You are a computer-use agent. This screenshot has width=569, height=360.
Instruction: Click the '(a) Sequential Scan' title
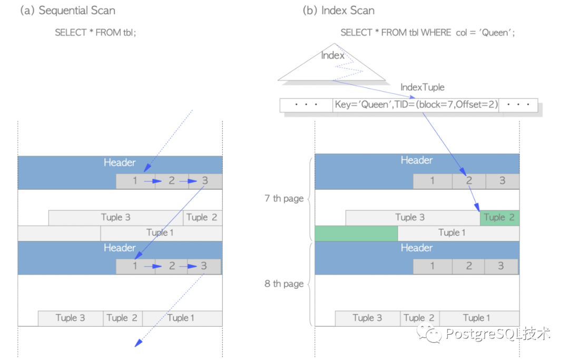coord(67,11)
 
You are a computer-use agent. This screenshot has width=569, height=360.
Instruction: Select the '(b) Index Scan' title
coord(338,11)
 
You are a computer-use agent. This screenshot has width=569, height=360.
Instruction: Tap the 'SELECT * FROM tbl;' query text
coord(95,33)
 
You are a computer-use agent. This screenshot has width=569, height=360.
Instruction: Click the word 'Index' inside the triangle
coord(333,55)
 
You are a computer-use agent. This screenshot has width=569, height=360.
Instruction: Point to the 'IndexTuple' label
coord(422,87)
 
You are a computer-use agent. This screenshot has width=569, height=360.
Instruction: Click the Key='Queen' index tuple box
coord(416,105)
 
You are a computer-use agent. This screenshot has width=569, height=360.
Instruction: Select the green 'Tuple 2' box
coord(499,217)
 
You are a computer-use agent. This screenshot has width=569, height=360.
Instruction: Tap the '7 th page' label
coord(284,199)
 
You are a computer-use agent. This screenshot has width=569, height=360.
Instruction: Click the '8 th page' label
coord(284,284)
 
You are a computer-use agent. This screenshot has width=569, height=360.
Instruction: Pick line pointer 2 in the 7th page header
coord(469,181)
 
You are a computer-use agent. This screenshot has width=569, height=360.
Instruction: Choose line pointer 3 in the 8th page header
coord(502,266)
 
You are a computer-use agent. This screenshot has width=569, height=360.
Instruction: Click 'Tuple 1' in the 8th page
coord(476,318)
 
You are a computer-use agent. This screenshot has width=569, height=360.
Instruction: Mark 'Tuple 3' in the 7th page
coord(410,217)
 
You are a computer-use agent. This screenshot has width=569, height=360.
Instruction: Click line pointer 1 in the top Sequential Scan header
coord(135,181)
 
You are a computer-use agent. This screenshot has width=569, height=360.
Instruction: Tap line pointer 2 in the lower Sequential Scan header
coord(172,266)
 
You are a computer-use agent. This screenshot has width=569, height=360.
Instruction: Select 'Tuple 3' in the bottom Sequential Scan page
coord(70,318)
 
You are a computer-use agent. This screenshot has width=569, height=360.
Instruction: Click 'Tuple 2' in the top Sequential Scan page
coord(202,217)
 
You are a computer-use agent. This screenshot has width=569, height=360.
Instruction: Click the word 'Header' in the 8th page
coord(417,248)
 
